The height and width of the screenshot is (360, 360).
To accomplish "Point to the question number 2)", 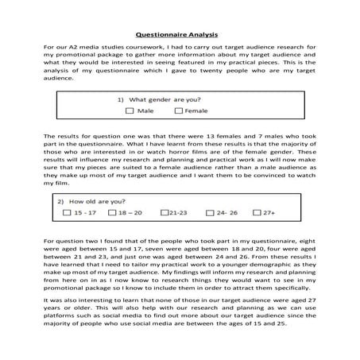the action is tap(63, 201).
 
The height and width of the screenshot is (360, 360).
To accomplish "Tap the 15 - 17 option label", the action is tap(84, 213).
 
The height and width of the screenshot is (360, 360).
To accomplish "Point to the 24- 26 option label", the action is tap(226, 213).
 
